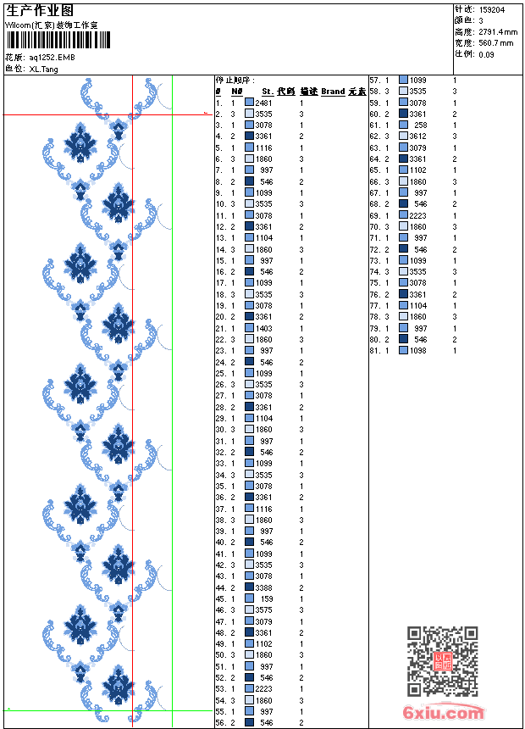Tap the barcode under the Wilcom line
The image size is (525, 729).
coord(51,39)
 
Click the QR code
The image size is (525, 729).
coord(443,661)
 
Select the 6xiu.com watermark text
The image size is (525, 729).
coord(444,714)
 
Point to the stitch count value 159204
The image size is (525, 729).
coord(493,10)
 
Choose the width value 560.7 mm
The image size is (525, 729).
coord(496,42)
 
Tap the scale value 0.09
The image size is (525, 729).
coord(486,54)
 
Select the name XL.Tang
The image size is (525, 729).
coord(43,69)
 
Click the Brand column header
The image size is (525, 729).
coord(333,92)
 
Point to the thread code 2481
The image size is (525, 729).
coord(263,103)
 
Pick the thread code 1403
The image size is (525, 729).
coord(264,328)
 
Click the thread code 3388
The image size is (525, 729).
coord(264,587)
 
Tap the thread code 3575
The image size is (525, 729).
coord(264,609)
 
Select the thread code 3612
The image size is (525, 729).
coord(418,136)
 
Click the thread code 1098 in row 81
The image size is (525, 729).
coord(418,350)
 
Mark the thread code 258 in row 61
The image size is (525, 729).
coord(421,125)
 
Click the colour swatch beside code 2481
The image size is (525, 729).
coord(249,103)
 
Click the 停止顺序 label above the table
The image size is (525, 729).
coord(235,80)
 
